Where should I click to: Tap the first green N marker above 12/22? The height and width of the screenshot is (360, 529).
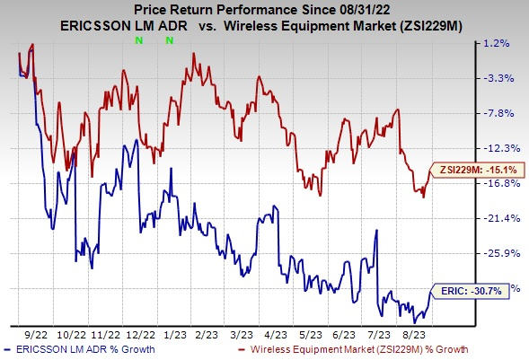pyautogui.click(x=138, y=41)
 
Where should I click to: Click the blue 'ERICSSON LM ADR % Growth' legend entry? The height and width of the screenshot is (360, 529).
pyautogui.click(x=84, y=348)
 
